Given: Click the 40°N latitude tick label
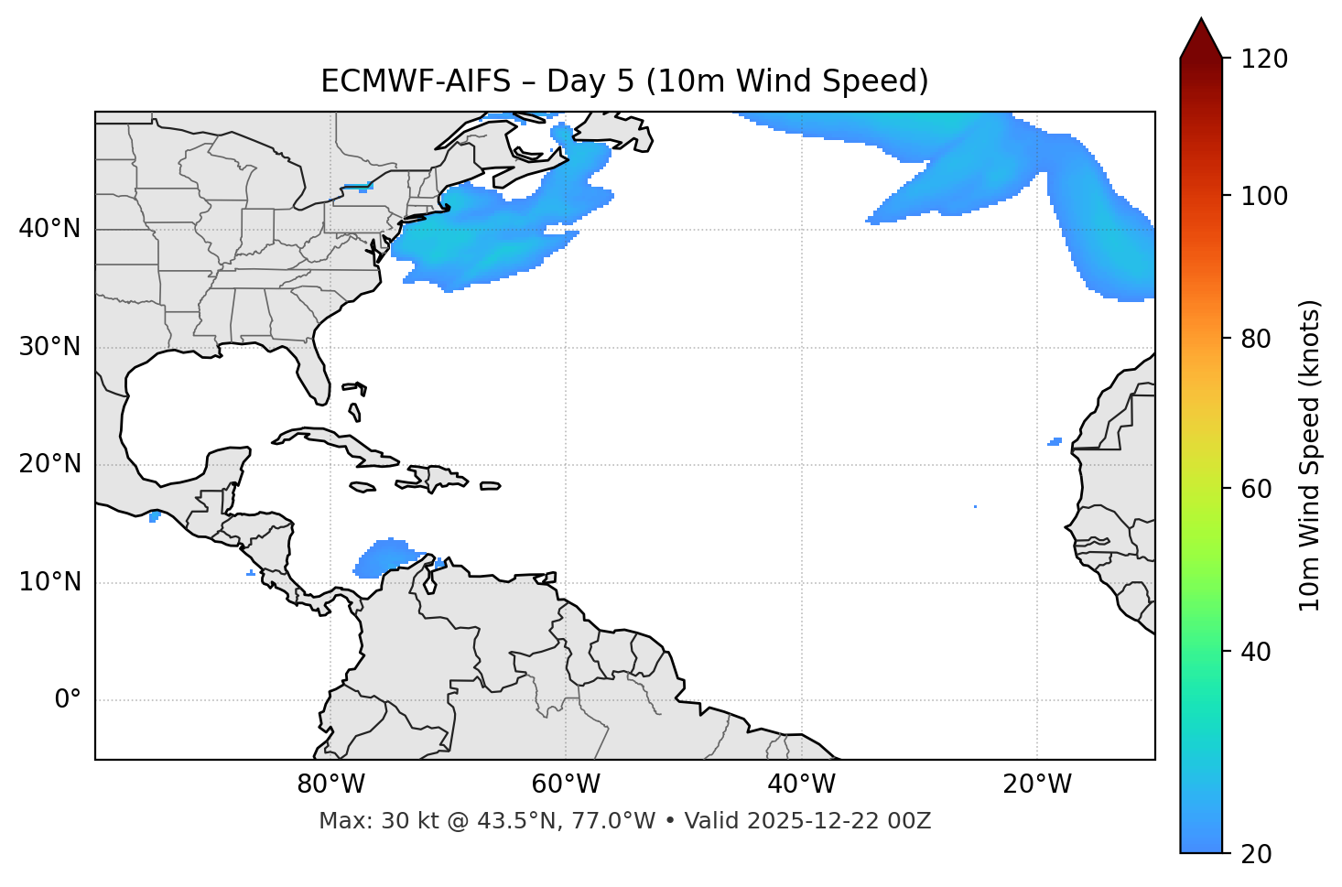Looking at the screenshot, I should tap(49, 229).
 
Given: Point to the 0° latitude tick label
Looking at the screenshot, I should tap(68, 700).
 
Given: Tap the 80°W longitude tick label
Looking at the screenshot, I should tap(330, 784).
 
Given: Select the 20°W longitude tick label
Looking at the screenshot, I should tap(1037, 784).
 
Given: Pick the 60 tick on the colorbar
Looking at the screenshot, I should tap(1260, 489).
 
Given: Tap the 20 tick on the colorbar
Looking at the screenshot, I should tap(1260, 854).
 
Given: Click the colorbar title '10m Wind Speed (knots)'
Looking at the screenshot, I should tap(1310, 455).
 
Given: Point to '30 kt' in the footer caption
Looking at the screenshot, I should tap(400, 821).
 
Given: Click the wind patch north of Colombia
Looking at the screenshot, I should tap(384, 557).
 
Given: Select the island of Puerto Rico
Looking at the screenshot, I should tap(490, 486).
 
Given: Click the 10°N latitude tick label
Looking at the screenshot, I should tap(49, 582).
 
